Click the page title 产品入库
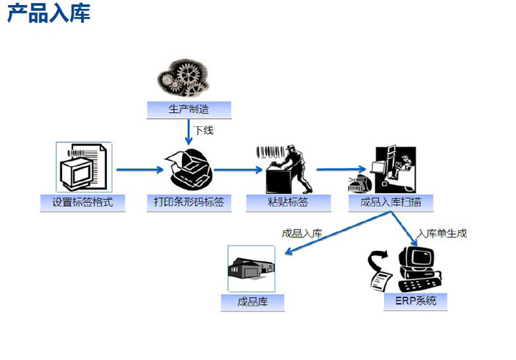(49, 14)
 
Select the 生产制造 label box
(189, 110)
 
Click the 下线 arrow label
(203, 131)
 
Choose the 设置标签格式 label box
(83, 201)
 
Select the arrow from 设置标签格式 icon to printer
(139, 170)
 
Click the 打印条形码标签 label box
(189, 201)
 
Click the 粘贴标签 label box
(287, 201)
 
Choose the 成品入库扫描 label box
(391, 201)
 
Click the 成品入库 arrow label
(302, 234)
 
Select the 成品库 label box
(252, 302)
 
